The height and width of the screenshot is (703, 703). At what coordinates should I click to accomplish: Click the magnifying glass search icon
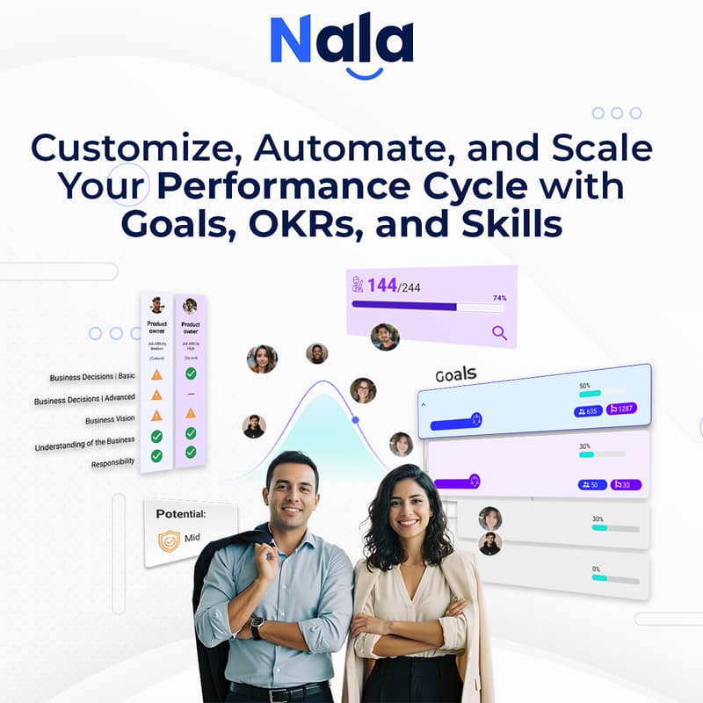coord(499,332)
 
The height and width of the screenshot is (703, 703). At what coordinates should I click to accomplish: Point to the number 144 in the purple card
coord(382,285)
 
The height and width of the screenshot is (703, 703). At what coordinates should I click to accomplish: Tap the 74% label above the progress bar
coord(499,298)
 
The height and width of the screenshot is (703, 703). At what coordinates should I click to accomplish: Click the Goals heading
coord(456,375)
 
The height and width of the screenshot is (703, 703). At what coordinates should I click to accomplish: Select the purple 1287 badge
coord(621,409)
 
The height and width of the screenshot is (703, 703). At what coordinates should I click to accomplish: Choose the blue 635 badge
coord(588,409)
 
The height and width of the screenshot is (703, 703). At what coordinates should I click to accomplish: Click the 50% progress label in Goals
coord(584,386)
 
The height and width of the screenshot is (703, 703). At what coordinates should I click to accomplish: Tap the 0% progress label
coord(597,569)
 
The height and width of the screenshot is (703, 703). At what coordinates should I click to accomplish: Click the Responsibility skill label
coord(113,462)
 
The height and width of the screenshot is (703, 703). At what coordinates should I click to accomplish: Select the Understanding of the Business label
coord(84,443)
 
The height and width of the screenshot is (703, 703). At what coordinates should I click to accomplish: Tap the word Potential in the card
coord(181,514)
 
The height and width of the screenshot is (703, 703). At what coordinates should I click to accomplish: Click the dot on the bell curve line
coord(356,420)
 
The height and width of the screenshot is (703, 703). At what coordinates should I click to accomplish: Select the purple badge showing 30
coord(626,484)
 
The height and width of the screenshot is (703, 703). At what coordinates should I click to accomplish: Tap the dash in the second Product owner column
coord(190,393)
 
